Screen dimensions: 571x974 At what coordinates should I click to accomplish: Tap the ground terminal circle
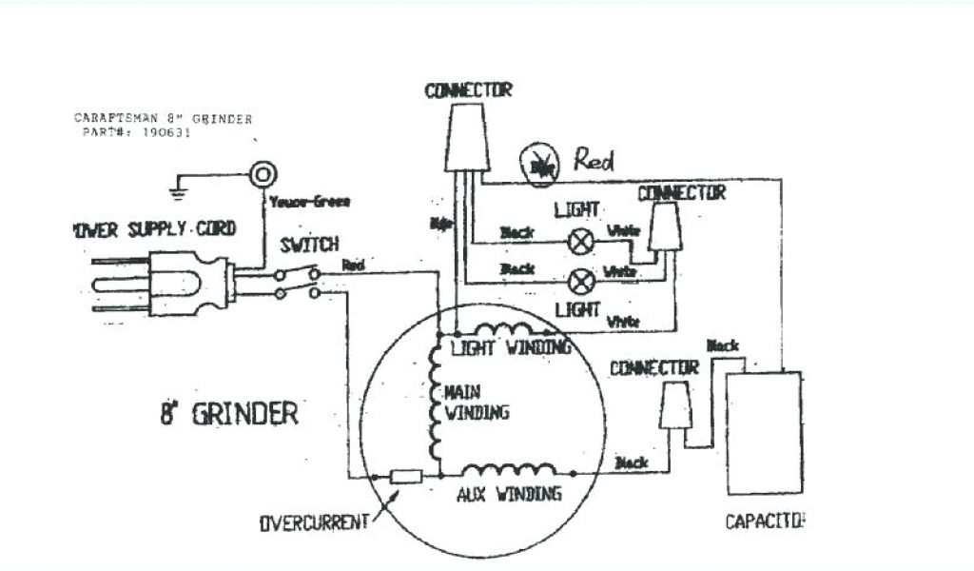262,174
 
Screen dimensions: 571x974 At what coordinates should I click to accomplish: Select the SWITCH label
309,246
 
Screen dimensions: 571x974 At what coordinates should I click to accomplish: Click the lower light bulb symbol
581,280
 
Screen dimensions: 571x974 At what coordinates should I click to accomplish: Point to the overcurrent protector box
406,476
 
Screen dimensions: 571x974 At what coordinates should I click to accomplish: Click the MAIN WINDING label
477,402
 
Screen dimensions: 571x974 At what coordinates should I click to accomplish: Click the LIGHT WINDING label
510,347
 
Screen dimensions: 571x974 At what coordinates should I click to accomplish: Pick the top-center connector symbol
468,137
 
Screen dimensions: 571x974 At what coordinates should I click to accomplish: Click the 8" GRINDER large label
228,414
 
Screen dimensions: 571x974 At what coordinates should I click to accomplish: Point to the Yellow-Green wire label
308,201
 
